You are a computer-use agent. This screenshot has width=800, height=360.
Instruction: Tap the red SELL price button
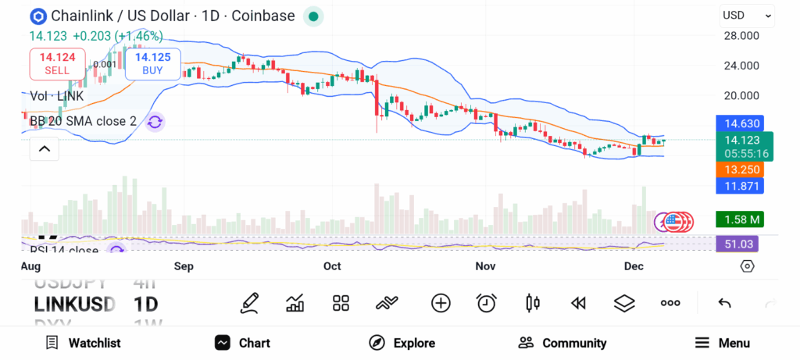[57, 63]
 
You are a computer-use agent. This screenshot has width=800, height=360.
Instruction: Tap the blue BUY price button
[152, 63]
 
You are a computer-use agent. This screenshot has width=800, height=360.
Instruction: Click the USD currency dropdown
[746, 15]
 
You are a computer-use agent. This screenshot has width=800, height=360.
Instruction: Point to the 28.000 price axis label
[741, 36]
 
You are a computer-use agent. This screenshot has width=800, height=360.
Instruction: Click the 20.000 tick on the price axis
[741, 96]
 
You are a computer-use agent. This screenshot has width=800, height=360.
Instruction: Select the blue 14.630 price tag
[739, 123]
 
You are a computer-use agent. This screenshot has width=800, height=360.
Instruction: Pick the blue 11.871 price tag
[739, 186]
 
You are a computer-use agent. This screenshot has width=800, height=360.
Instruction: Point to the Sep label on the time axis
[184, 266]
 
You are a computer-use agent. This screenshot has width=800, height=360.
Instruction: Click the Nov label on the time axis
[485, 266]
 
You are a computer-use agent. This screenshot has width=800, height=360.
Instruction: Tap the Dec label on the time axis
[633, 266]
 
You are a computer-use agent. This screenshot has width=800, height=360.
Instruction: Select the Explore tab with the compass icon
[402, 343]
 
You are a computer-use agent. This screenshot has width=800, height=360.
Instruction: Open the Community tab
[562, 343]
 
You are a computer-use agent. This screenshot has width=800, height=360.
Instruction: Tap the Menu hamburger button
[723, 343]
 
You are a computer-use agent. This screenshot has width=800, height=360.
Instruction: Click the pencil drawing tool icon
[249, 303]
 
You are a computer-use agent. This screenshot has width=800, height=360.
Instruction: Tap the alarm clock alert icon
[487, 303]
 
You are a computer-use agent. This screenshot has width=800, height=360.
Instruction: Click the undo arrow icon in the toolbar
[724, 303]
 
